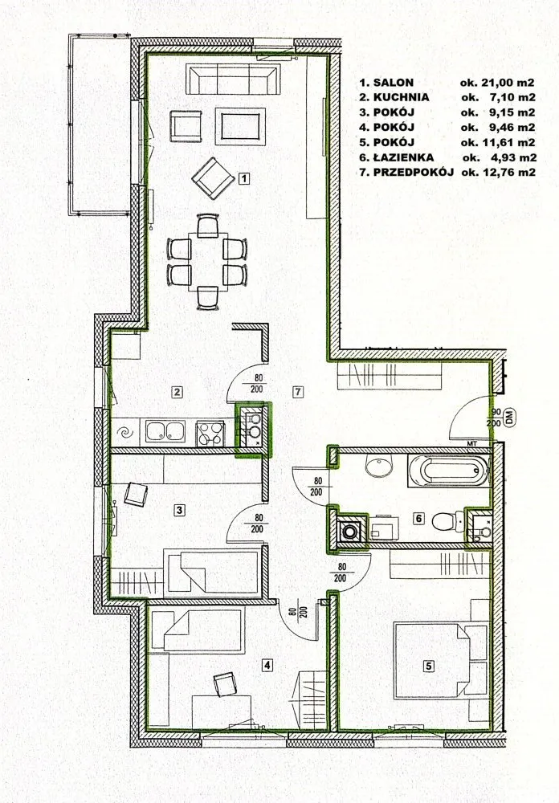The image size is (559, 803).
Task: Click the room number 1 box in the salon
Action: point(245,178)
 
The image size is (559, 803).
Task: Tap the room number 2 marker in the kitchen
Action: point(177,393)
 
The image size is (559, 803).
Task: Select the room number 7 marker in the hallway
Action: point(298,393)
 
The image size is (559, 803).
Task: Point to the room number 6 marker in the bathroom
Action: point(418,518)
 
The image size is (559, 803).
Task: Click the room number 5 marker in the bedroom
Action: point(428,666)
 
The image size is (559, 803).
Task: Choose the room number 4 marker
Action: point(267,665)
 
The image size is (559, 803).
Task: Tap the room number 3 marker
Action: point(179,510)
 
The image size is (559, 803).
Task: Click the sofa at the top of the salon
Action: point(233,79)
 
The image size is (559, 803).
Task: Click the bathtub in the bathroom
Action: point(448,471)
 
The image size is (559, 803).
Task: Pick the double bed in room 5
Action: point(439,661)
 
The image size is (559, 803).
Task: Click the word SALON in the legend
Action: point(394,83)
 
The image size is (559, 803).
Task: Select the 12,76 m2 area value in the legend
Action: point(508,173)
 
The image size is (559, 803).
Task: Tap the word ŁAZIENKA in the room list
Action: point(404,157)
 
